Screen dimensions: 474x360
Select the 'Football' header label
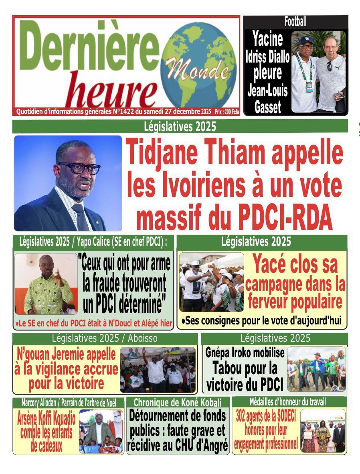[x=295, y=22]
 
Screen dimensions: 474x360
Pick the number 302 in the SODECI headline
[x=243, y=416]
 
